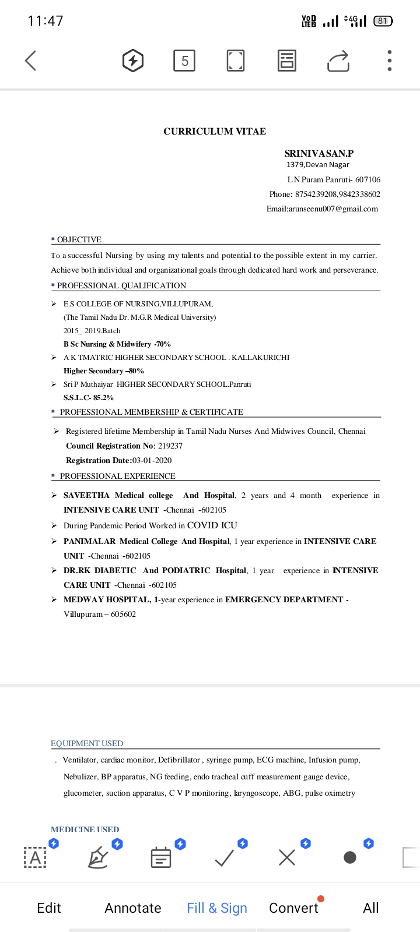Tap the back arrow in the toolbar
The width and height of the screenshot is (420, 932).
(x=31, y=60)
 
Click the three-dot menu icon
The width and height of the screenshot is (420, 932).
(x=389, y=61)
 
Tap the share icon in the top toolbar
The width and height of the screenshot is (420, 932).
(x=338, y=61)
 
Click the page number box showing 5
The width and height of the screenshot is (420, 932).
(x=184, y=61)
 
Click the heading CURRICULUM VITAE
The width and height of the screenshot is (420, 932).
(x=215, y=132)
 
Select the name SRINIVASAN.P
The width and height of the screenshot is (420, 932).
(x=318, y=154)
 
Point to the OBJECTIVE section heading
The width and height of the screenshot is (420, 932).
(x=79, y=239)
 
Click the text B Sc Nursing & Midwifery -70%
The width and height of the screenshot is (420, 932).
(x=117, y=344)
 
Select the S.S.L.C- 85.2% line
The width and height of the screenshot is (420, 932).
(x=89, y=398)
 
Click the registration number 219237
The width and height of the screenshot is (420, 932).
(x=170, y=446)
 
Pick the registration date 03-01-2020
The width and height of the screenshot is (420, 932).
(x=152, y=460)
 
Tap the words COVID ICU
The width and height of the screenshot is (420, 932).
(x=212, y=525)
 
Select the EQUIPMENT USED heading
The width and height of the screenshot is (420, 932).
(x=87, y=743)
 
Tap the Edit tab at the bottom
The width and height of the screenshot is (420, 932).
(x=49, y=908)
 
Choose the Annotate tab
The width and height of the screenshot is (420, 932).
(x=133, y=908)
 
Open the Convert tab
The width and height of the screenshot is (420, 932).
(x=293, y=908)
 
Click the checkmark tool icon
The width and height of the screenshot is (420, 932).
(x=225, y=857)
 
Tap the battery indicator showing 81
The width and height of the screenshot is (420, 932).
(x=383, y=21)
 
